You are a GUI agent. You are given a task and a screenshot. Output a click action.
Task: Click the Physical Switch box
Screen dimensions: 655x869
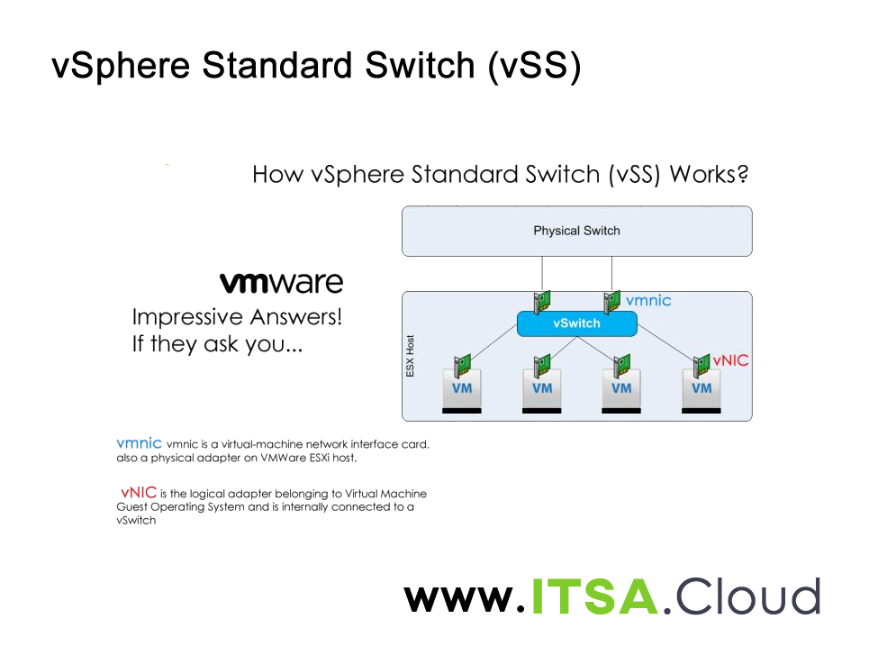576,231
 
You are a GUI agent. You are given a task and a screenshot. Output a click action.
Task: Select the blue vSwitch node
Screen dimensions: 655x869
576,323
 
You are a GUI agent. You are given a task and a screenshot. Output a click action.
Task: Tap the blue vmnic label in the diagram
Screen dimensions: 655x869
648,300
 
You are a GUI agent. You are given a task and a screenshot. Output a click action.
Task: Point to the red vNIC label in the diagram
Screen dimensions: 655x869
730,360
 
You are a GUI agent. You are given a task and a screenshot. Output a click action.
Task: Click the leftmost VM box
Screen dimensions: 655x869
462,388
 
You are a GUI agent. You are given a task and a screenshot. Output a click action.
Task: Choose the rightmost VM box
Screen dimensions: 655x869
701,388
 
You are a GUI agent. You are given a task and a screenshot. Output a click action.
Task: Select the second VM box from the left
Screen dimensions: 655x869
542,388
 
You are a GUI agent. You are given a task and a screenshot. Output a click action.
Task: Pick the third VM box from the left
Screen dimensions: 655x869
621,388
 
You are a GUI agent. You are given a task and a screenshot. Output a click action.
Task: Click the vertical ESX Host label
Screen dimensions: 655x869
411,356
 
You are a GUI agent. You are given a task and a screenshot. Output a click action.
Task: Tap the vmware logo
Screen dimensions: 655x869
281,283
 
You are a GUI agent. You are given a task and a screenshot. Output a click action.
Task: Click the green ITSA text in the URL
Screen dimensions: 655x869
593,596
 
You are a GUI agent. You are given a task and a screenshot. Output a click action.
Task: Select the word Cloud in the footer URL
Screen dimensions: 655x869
747,596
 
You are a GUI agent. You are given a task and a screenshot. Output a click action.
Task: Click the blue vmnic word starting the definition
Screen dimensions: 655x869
139,443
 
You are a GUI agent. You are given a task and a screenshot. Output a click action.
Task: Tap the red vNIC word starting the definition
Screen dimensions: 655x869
139,493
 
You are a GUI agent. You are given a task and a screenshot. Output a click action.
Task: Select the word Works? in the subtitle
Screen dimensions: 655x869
709,174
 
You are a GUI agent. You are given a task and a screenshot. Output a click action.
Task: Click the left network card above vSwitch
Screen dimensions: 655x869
542,302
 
